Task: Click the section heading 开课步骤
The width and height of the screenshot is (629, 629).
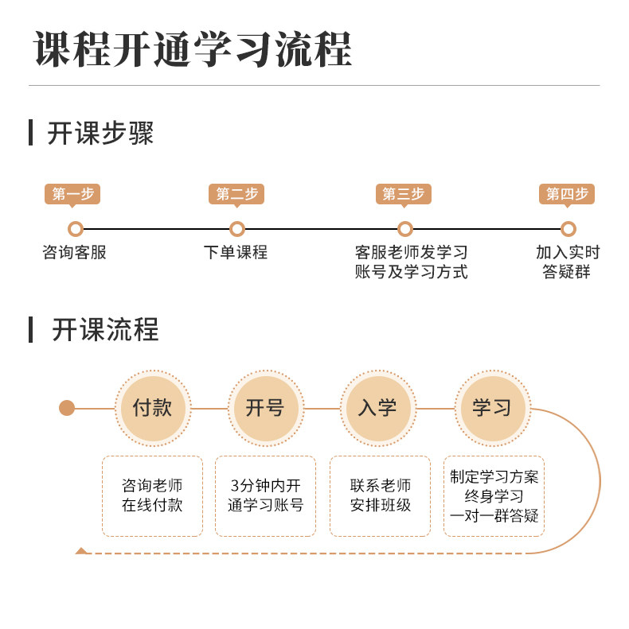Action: pos(100,133)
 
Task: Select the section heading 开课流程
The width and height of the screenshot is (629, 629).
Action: pos(105,329)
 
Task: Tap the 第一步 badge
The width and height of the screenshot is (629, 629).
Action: pos(72,194)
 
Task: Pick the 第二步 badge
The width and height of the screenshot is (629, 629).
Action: pos(236,194)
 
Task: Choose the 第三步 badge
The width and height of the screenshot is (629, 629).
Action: pos(403,194)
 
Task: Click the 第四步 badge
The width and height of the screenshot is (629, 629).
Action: pos(567,194)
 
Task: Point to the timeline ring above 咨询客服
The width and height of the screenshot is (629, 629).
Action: pos(76,229)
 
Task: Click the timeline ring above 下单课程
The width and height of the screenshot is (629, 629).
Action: pos(237,229)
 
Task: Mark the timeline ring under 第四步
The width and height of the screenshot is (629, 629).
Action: pos(568,229)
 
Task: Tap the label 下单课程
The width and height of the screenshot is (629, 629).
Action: pos(236,253)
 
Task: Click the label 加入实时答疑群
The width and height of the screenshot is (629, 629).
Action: pos(568,262)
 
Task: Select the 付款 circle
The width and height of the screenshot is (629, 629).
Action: pos(153,408)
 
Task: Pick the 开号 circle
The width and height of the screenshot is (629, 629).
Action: pos(266,408)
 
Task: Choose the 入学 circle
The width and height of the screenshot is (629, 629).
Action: pos(378,408)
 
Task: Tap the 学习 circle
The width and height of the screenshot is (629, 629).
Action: pos(492,408)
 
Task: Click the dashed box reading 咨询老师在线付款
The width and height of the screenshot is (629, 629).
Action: pos(152,495)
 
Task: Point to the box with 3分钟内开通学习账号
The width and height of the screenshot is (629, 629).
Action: pos(265,495)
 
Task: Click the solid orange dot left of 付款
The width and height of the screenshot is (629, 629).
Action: pos(67,408)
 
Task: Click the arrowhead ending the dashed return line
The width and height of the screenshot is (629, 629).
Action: pos(80,551)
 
